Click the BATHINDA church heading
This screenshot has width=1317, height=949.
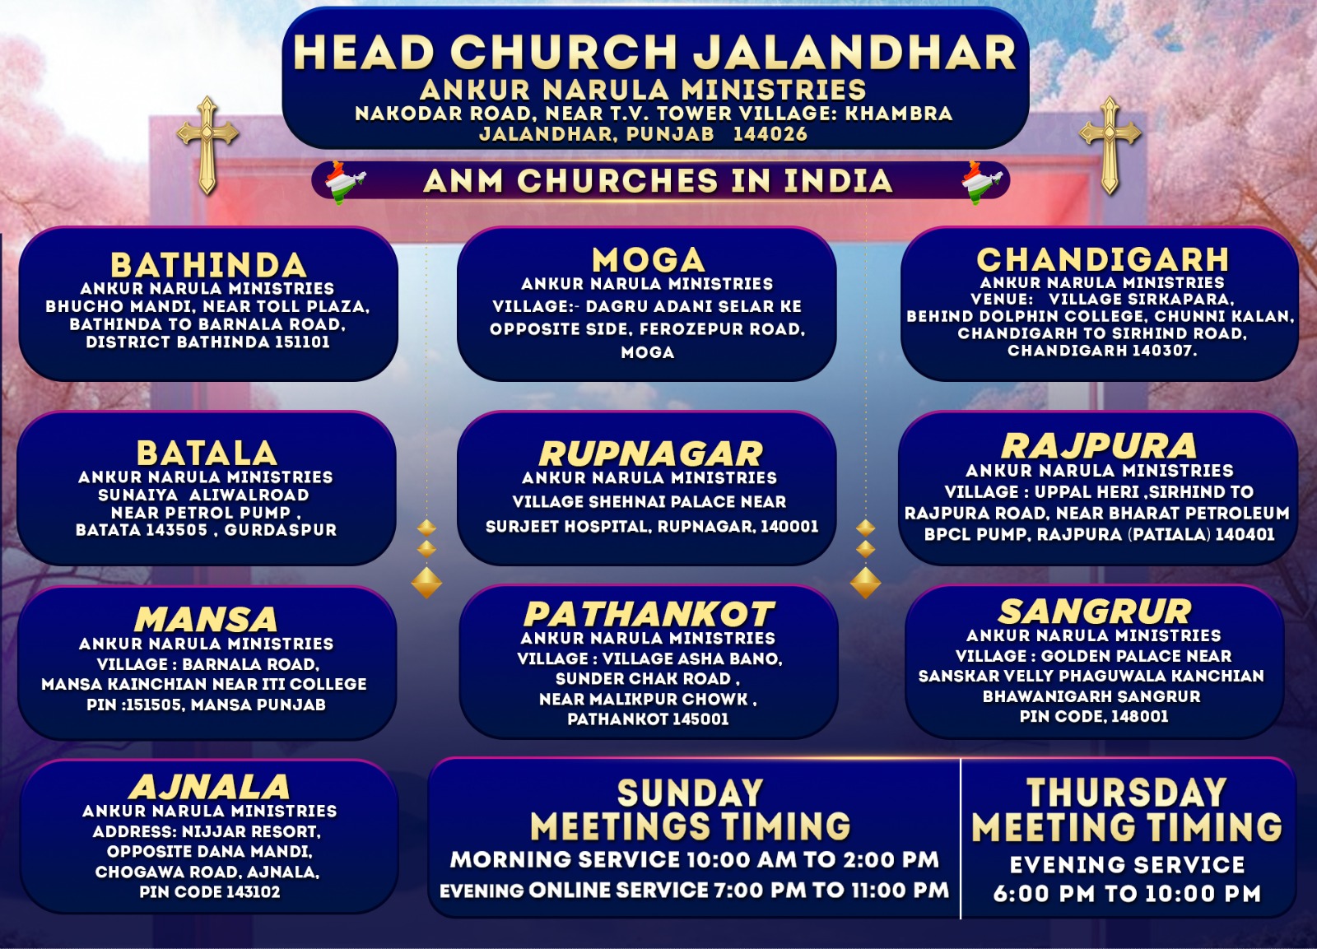tap(209, 265)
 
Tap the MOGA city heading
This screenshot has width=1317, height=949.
tap(648, 260)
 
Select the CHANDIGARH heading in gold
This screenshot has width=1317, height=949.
tap(1102, 259)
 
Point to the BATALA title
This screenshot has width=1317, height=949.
tap(207, 454)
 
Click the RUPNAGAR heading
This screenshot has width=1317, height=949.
tap(650, 454)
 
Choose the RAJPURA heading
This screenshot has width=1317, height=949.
tap(1098, 445)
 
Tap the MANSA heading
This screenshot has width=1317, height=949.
tap(206, 619)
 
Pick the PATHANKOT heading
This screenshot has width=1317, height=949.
tap(649, 615)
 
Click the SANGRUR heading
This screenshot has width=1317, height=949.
tap(1095, 612)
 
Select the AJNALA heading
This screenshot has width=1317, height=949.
tap(209, 787)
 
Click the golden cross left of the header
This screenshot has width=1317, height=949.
tap(207, 145)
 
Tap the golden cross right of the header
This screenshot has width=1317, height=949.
tap(1110, 145)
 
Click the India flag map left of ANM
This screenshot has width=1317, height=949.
tap(345, 182)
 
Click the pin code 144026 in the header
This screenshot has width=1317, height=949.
tap(770, 134)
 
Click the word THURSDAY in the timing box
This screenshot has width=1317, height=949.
tap(1127, 793)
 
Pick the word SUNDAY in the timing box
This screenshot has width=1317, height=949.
tap(691, 793)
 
